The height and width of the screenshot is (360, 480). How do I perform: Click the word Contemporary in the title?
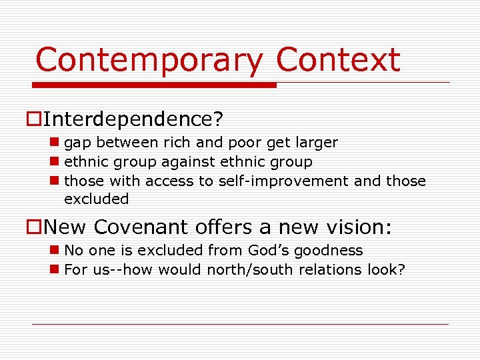[x=149, y=60]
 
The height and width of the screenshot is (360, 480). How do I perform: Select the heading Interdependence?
[x=134, y=120]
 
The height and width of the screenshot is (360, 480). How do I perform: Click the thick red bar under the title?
[x=155, y=85]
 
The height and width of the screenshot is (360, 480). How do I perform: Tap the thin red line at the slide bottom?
[x=240, y=325]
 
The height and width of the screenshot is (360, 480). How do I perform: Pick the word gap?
[x=77, y=143]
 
